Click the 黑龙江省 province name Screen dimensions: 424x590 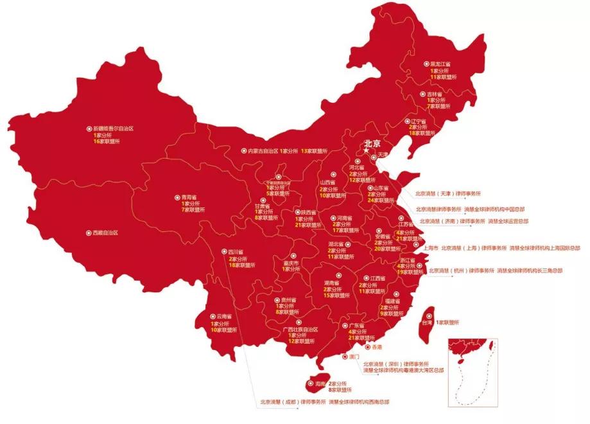coord(440,64)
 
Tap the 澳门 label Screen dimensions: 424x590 coord(354,356)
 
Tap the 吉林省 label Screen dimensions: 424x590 coord(437,94)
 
